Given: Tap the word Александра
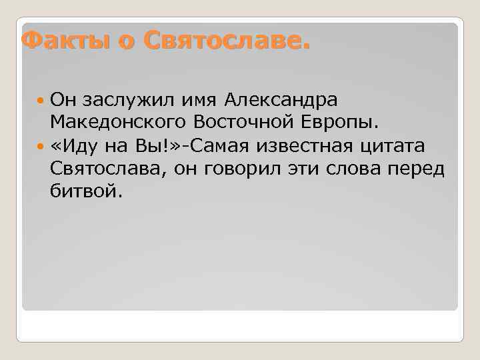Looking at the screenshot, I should pos(281,101).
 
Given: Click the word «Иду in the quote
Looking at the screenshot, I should pos(72,146).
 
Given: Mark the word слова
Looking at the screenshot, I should pos(351,169).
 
